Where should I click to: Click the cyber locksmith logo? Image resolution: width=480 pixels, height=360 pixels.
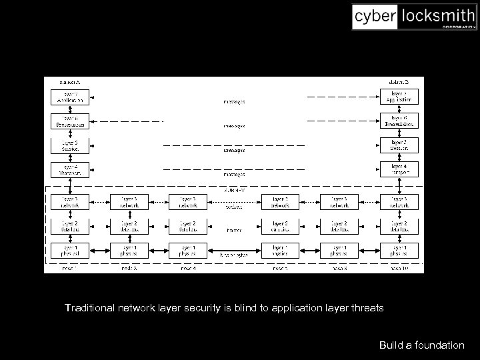pyautogui.click(x=414, y=17)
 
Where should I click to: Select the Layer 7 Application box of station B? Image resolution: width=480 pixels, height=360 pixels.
pyautogui.click(x=399, y=97)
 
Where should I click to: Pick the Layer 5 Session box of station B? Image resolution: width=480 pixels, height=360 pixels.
pyautogui.click(x=399, y=145)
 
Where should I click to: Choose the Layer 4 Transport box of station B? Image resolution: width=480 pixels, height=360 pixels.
pyautogui.click(x=399, y=169)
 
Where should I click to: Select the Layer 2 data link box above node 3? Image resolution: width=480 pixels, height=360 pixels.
pyautogui.click(x=129, y=227)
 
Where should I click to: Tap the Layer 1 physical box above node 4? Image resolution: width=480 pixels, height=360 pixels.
pyautogui.click(x=188, y=251)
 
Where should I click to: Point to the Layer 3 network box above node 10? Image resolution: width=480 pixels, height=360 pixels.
pyautogui.click(x=399, y=202)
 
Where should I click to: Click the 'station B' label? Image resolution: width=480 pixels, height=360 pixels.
pyautogui.click(x=399, y=81)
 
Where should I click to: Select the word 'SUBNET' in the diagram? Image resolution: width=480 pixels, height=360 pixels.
pyautogui.click(x=234, y=190)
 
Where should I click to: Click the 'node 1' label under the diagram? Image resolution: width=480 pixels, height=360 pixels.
pyautogui.click(x=69, y=268)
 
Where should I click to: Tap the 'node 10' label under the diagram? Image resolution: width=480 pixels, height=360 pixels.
pyautogui.click(x=399, y=268)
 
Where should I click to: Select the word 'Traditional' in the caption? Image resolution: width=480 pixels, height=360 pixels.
pyautogui.click(x=89, y=308)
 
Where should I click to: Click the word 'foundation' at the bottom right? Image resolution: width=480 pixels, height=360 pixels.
pyautogui.click(x=440, y=345)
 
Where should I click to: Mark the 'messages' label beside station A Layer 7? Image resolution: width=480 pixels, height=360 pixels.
pyautogui.click(x=234, y=102)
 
